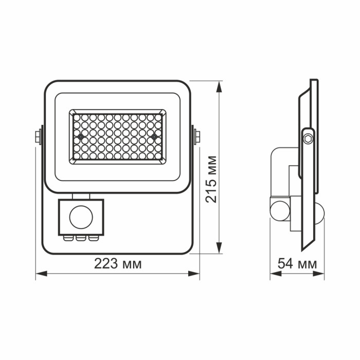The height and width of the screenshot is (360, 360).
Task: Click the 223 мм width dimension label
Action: pyautogui.click(x=118, y=264)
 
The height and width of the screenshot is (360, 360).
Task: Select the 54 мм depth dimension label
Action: pyautogui.click(x=297, y=264)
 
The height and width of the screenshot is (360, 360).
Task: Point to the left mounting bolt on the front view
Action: pyautogui.click(x=38, y=136)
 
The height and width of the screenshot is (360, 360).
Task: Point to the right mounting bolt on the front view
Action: pyautogui.click(x=197, y=136)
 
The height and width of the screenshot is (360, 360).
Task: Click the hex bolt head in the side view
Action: pyautogui.click(x=307, y=138)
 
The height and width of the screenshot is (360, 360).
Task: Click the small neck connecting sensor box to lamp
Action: pyautogui.click(x=81, y=195)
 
